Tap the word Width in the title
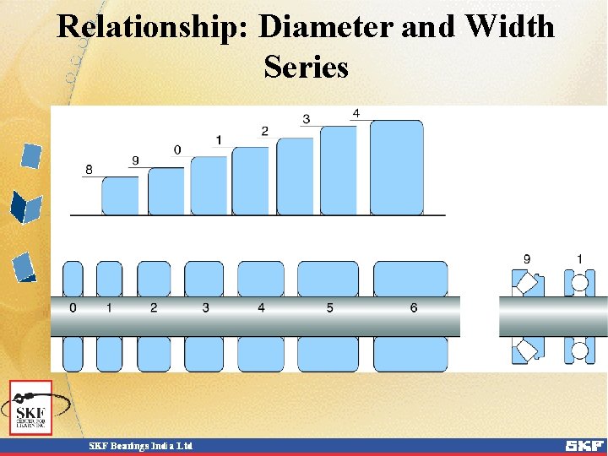click(509, 27)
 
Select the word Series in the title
click(306, 66)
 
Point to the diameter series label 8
click(89, 170)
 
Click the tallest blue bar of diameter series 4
click(396, 167)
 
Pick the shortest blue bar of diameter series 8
click(120, 195)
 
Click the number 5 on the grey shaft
click(329, 308)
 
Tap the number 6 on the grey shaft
click(413, 308)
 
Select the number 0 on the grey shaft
click(73, 308)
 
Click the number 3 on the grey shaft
click(205, 308)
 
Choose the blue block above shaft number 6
click(410, 279)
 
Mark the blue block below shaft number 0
click(73, 354)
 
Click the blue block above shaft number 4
click(261, 279)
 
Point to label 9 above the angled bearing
click(527, 258)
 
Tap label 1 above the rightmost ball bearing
click(579, 258)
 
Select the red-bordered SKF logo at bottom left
click(30, 407)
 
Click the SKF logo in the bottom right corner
click(584, 445)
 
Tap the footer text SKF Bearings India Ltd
click(142, 445)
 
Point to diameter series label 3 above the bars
click(306, 119)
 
